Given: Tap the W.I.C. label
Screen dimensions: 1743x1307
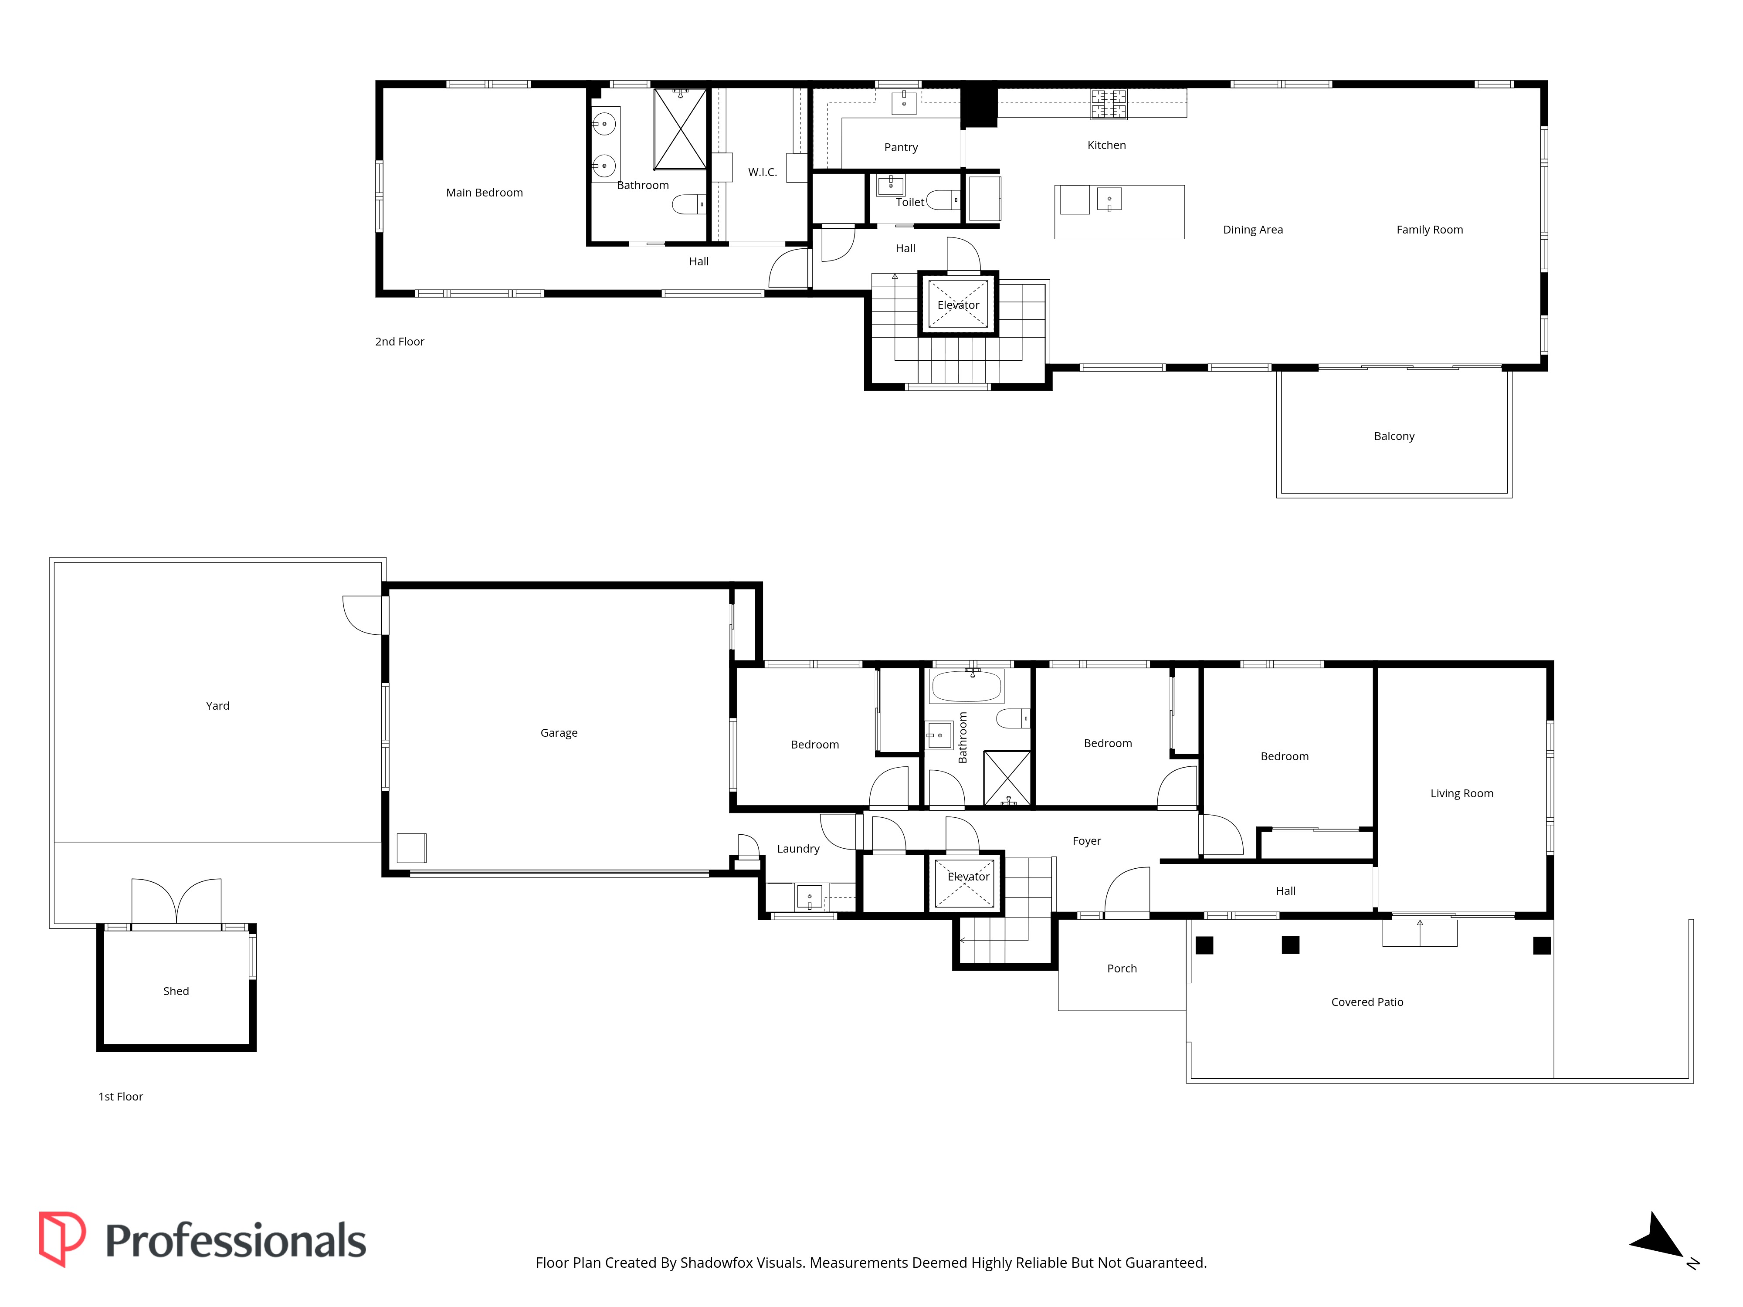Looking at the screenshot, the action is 762,172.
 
